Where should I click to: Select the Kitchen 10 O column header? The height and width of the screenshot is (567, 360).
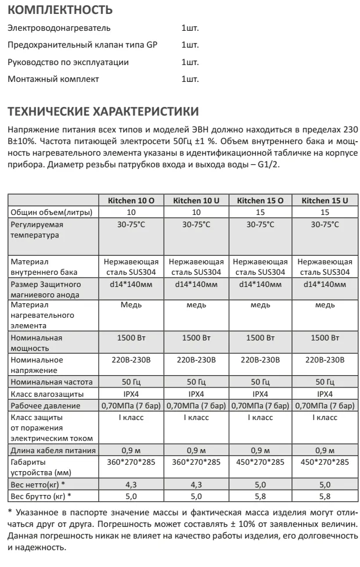pyautogui.click(x=131, y=200)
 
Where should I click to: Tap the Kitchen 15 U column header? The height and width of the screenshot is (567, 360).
pyautogui.click(x=325, y=200)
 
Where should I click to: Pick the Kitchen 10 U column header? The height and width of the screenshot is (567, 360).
pyautogui.click(x=196, y=200)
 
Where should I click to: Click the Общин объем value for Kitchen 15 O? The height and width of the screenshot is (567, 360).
pyautogui.click(x=260, y=212)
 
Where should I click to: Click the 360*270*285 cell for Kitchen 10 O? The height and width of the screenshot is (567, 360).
pyautogui.click(x=131, y=462)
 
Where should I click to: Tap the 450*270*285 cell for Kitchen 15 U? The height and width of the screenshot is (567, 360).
pyautogui.click(x=325, y=462)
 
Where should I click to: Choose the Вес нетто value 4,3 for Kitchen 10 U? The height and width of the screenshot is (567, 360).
pyautogui.click(x=196, y=485)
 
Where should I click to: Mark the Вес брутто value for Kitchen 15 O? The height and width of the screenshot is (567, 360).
pyautogui.click(x=260, y=496)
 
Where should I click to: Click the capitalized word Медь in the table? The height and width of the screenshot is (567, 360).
pyautogui.click(x=131, y=304)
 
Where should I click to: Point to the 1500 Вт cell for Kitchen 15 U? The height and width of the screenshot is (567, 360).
pyautogui.click(x=325, y=337)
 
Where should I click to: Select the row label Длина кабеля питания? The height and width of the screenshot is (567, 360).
pyautogui.click(x=53, y=450)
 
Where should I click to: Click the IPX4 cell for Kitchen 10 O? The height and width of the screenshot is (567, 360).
pyautogui.click(x=131, y=393)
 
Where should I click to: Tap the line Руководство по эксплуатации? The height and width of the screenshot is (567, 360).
pyautogui.click(x=69, y=62)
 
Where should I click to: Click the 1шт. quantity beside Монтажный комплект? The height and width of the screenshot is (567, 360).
pyautogui.click(x=190, y=79)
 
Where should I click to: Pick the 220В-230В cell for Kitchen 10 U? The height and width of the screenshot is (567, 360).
pyautogui.click(x=196, y=360)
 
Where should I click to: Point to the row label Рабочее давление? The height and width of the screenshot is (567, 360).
pyautogui.click(x=45, y=405)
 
